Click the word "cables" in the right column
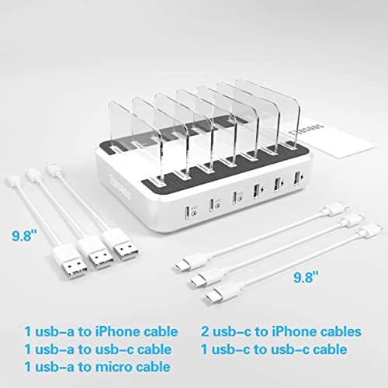(x=338, y=332)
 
